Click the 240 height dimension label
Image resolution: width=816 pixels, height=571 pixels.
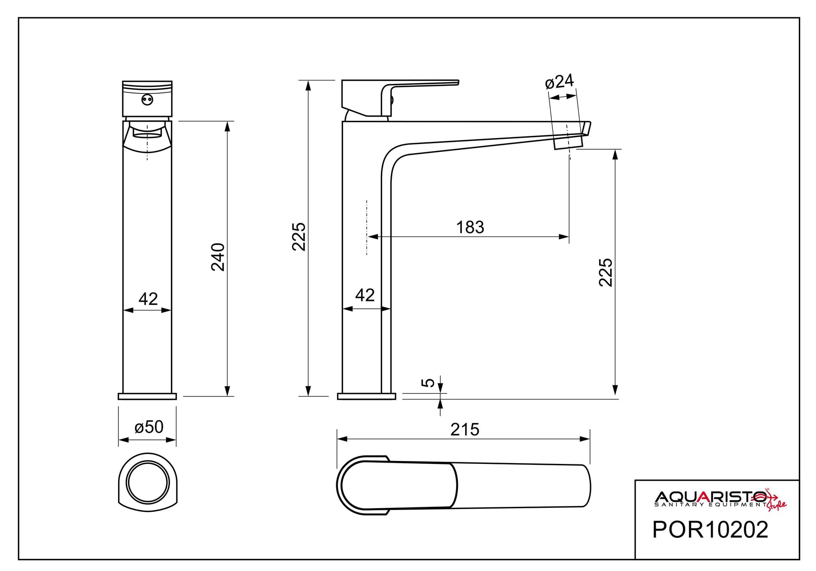(218, 257)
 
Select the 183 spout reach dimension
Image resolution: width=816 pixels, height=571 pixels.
(470, 227)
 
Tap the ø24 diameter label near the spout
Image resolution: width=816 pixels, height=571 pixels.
(559, 81)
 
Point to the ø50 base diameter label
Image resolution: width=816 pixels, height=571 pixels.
(149, 427)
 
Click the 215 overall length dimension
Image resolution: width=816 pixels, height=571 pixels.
(465, 430)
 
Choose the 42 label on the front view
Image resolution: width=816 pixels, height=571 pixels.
(148, 298)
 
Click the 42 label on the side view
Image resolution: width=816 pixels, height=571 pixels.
(365, 295)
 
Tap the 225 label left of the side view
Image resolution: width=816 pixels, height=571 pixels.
(298, 236)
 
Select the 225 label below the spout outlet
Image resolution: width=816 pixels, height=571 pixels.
(606, 272)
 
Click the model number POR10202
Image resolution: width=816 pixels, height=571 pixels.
(710, 529)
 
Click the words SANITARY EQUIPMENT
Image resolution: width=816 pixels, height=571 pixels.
(709, 504)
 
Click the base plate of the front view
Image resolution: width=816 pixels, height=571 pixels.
(147, 396)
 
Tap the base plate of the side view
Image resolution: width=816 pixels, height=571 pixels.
(366, 396)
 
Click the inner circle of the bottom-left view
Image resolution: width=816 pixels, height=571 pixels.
(147, 482)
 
